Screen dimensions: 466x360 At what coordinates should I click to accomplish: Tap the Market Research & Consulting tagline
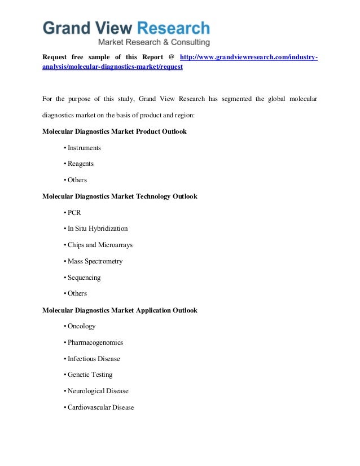click(x=153, y=42)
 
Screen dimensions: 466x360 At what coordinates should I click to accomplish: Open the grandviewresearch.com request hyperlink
click(x=248, y=58)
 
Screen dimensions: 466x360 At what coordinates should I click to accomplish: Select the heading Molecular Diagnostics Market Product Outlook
click(x=114, y=131)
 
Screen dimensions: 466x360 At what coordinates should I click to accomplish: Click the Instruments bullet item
click(x=84, y=148)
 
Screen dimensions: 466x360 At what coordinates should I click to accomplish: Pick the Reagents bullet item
click(x=80, y=164)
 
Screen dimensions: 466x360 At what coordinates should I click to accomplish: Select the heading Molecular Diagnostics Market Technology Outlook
click(x=120, y=196)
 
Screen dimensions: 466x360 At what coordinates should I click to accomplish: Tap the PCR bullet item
click(x=74, y=213)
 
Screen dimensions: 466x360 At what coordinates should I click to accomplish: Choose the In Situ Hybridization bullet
click(x=98, y=228)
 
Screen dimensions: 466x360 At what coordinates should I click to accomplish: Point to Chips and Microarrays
click(x=100, y=245)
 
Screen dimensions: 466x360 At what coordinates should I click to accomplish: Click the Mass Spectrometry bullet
click(x=95, y=261)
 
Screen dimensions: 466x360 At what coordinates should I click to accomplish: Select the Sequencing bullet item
click(x=84, y=278)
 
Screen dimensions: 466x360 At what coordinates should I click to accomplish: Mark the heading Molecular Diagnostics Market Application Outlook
click(x=120, y=310)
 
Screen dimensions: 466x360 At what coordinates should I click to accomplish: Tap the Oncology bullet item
click(x=81, y=326)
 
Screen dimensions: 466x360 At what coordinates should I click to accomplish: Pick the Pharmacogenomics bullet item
click(x=95, y=342)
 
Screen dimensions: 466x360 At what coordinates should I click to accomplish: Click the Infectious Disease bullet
click(x=94, y=359)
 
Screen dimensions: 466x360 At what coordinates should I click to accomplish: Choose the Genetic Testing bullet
click(x=90, y=375)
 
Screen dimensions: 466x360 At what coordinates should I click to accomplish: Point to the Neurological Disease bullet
click(x=98, y=391)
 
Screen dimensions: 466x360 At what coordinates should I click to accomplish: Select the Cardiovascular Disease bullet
click(x=100, y=407)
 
